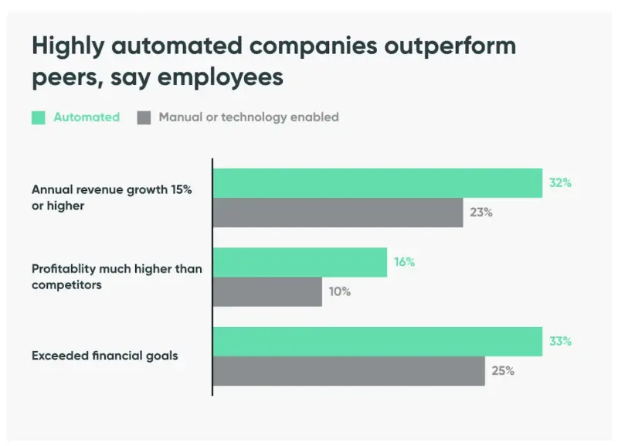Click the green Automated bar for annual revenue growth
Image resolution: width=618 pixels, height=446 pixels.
pyautogui.click(x=377, y=183)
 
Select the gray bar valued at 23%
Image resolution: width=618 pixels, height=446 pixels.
pyautogui.click(x=338, y=213)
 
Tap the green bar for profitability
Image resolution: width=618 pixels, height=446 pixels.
pyautogui.click(x=300, y=262)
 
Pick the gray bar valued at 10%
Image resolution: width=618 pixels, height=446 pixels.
pyautogui.click(x=267, y=291)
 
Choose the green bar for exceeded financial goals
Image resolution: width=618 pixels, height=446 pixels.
pyautogui.click(x=377, y=342)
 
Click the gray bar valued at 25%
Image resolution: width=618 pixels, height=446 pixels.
pyautogui.click(x=348, y=371)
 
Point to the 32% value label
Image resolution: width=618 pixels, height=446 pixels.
pyautogui.click(x=560, y=183)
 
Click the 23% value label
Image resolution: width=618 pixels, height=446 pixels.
pyautogui.click(x=481, y=213)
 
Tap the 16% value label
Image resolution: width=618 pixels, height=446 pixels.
pyautogui.click(x=404, y=262)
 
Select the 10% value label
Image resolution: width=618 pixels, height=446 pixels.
pyautogui.click(x=339, y=292)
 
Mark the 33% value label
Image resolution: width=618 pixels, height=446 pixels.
pyautogui.click(x=560, y=341)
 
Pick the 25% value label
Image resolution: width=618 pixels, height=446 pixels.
pyautogui.click(x=503, y=371)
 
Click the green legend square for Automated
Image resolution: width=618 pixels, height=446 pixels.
pyautogui.click(x=39, y=117)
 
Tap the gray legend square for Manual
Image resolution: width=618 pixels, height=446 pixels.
pyautogui.click(x=144, y=117)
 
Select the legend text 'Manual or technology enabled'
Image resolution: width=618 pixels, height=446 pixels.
pyautogui.click(x=249, y=117)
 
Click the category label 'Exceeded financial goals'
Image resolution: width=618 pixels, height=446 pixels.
pyautogui.click(x=105, y=356)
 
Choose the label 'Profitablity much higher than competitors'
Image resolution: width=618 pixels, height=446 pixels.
pyautogui.click(x=117, y=277)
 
